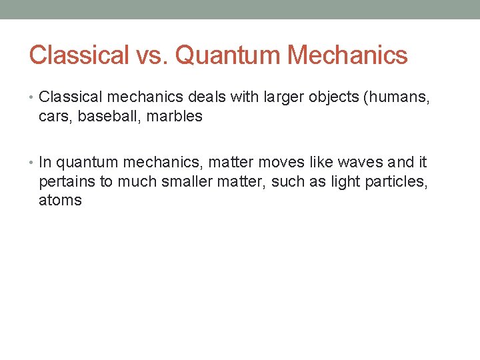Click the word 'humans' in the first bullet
point(401,98)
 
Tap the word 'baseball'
point(101,116)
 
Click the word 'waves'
point(360,162)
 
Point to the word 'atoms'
point(60,200)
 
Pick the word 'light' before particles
point(344,181)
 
